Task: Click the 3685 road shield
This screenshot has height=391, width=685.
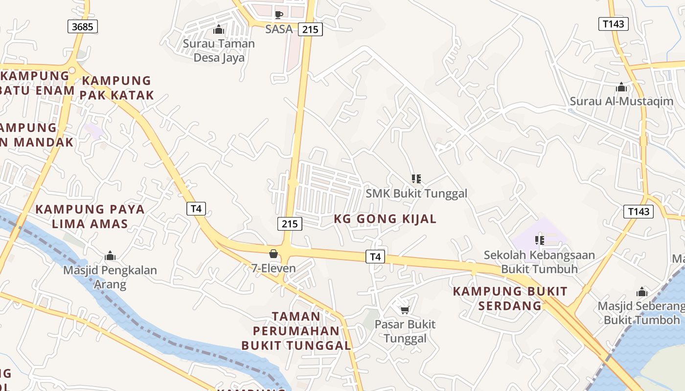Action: coord(82,26)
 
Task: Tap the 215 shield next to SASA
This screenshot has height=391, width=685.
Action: coord(310,29)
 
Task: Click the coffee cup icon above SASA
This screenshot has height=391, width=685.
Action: coord(279,15)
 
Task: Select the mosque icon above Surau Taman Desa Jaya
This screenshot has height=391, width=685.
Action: coord(218,30)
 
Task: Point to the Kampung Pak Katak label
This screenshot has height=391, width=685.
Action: coord(117,88)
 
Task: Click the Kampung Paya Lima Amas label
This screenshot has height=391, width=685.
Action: coord(90,217)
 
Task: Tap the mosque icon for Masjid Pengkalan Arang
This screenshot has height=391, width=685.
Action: coord(110,256)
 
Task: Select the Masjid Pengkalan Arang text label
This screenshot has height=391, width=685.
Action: coord(110,277)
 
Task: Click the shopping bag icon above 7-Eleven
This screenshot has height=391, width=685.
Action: coord(274,254)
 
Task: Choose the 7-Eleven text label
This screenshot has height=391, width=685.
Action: coord(274,268)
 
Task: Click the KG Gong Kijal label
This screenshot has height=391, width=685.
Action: coord(385,219)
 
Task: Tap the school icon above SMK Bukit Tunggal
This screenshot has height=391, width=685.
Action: coord(416,179)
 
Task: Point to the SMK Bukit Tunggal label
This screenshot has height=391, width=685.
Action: coord(416,194)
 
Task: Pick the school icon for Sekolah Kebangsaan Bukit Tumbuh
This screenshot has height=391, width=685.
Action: coord(540,240)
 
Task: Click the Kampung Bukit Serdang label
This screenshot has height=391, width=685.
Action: coord(510,299)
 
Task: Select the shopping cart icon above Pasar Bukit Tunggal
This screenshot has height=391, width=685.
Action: coord(405,310)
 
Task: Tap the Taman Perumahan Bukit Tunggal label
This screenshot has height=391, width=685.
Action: coord(297,331)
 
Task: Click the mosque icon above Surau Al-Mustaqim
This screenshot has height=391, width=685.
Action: coord(621,87)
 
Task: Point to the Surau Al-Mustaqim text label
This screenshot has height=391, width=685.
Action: coord(621,102)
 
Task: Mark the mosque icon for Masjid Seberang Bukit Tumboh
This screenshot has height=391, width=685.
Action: coord(642,292)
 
